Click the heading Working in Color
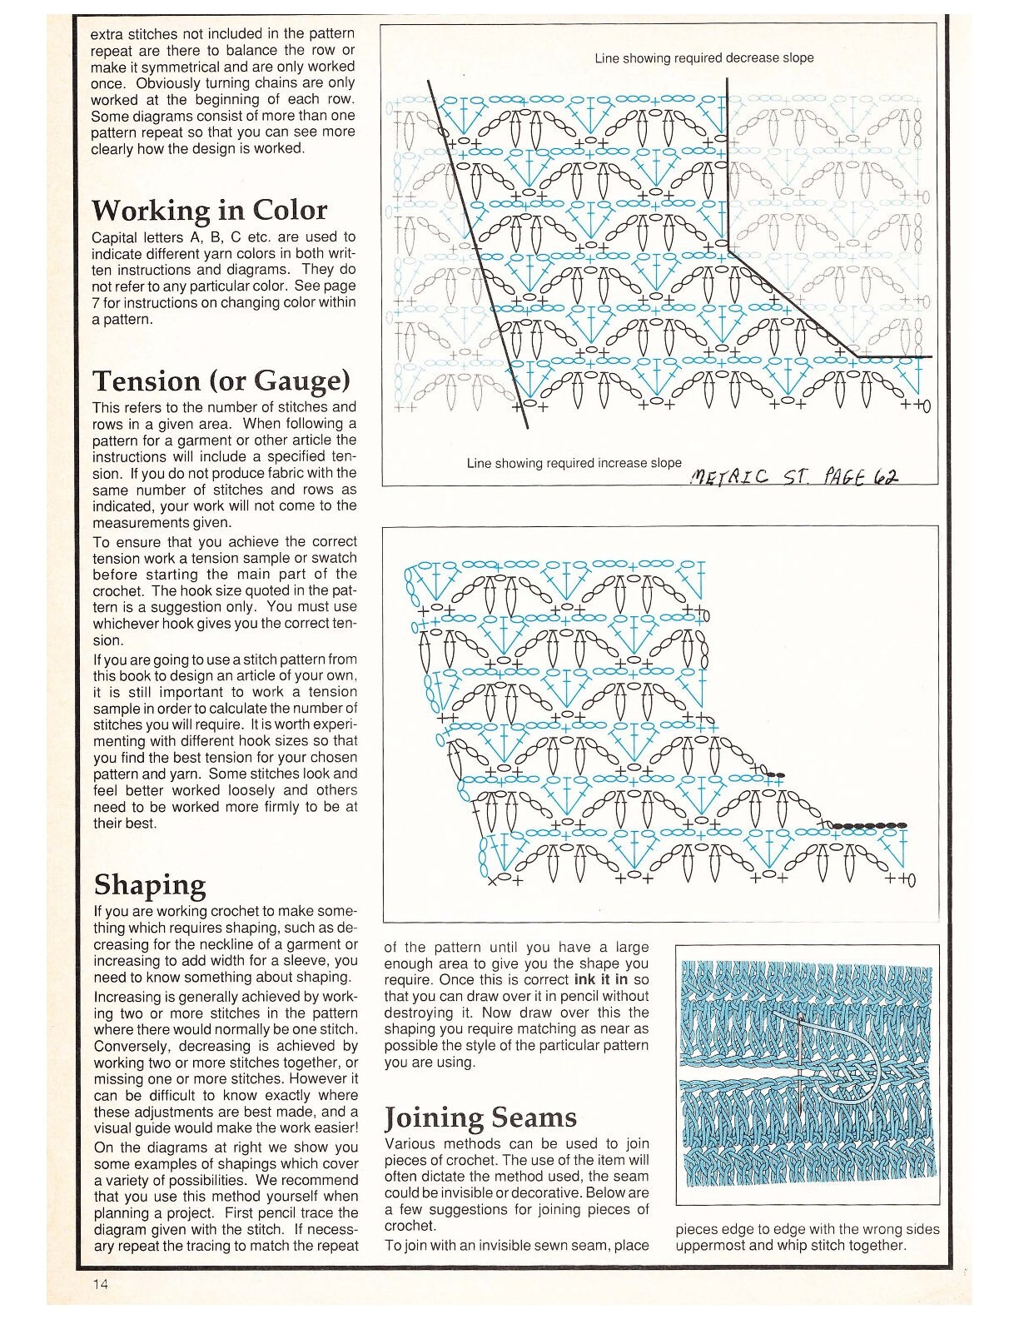(209, 210)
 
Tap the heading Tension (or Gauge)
(221, 381)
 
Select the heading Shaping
(149, 884)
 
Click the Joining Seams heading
(480, 1117)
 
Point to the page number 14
(100, 1283)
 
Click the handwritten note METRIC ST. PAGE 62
(794, 477)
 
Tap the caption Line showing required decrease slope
(703, 58)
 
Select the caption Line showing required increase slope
(574, 463)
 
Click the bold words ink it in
(600, 979)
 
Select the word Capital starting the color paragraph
(115, 237)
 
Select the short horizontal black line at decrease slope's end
(894, 357)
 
